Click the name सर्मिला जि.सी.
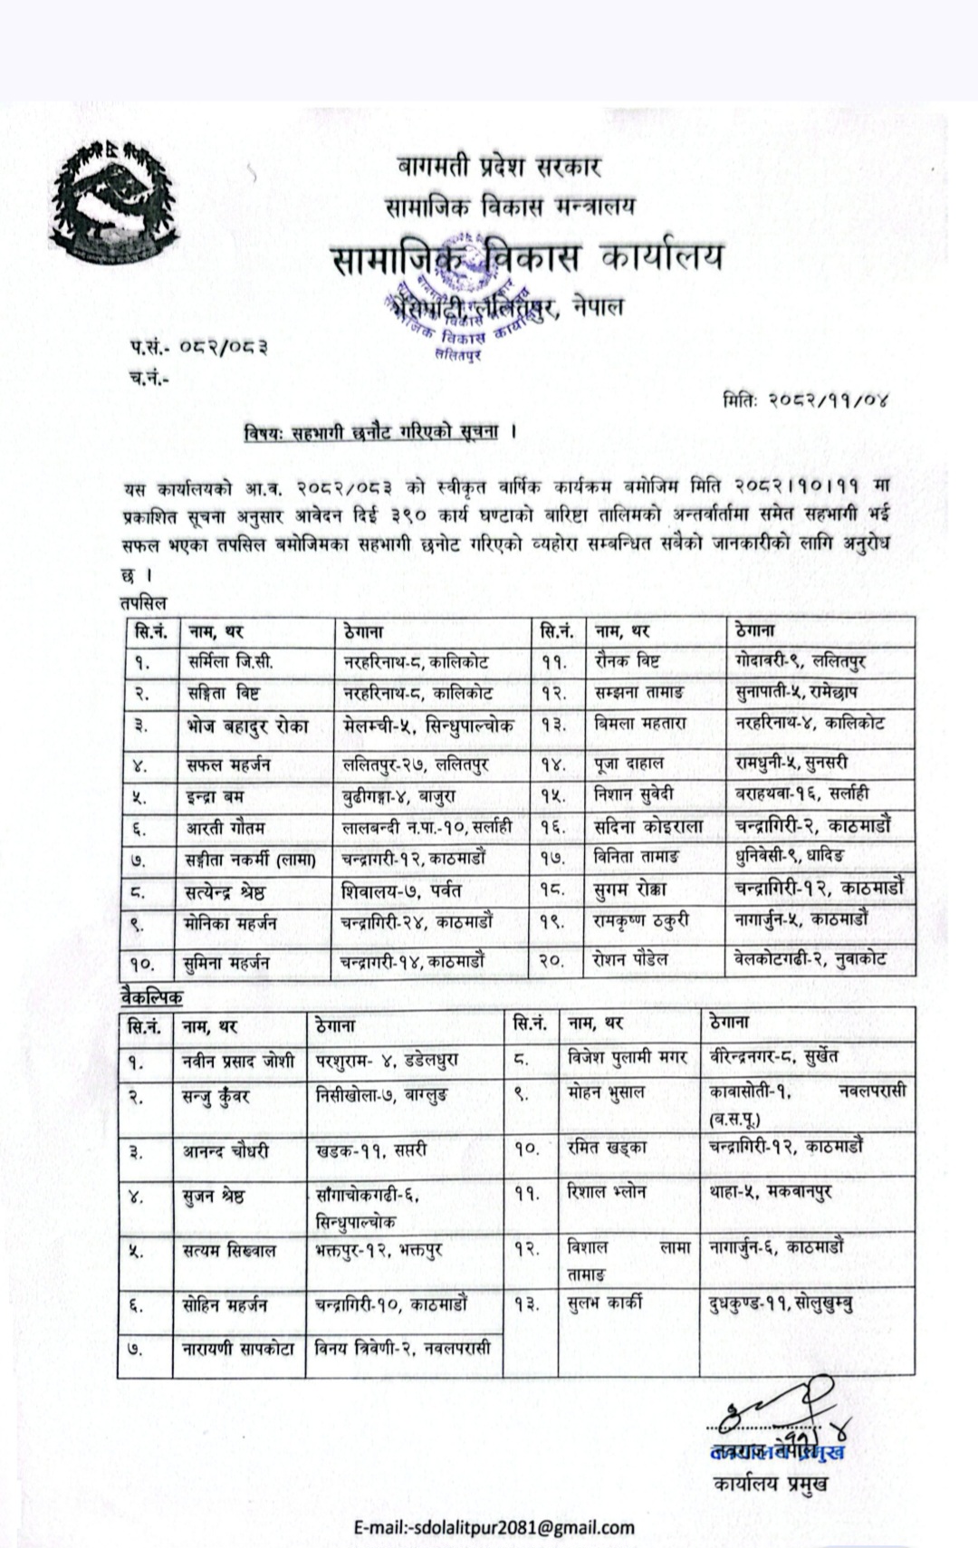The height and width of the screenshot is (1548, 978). [231, 662]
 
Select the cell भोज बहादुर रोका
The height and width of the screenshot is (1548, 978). [246, 726]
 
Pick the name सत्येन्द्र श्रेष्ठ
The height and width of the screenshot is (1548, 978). [225, 891]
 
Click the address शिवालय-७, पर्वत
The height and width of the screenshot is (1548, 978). [401, 891]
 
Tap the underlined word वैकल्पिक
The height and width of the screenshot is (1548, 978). [151, 997]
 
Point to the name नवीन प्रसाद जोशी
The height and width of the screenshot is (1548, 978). [238, 1061]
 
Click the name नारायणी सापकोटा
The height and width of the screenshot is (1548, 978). [238, 1349]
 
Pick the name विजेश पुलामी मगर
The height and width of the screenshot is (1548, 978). [627, 1057]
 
